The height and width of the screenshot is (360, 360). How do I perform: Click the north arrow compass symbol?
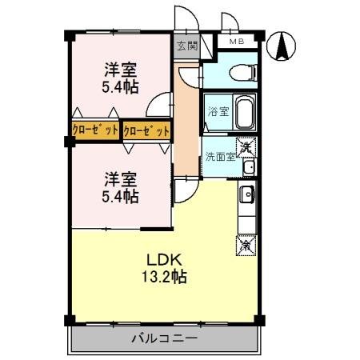[x=282, y=46]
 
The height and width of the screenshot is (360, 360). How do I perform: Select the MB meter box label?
[x=237, y=42]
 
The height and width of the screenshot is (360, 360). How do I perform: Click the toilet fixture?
[x=242, y=73]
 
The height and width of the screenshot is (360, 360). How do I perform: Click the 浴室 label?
[x=218, y=111]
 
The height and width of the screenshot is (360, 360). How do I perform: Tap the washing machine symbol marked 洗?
[x=246, y=147]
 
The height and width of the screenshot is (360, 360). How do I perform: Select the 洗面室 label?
[x=220, y=157]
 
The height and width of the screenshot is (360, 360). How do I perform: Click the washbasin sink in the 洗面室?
[x=250, y=167]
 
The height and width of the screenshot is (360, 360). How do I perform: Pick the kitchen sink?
[x=247, y=194]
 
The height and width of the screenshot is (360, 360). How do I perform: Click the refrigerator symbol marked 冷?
[x=246, y=246]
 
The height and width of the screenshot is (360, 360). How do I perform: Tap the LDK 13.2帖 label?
[x=164, y=268]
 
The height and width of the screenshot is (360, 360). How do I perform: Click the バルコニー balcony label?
[x=165, y=338]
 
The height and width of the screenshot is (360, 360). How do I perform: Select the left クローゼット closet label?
[x=95, y=130]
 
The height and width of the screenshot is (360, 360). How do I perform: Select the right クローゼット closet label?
[x=146, y=131]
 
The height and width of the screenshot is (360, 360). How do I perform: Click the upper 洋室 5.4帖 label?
[x=120, y=78]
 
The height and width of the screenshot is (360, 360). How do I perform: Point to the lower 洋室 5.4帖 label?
[x=120, y=188]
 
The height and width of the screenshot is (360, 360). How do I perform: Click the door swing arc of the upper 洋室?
[x=154, y=99]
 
